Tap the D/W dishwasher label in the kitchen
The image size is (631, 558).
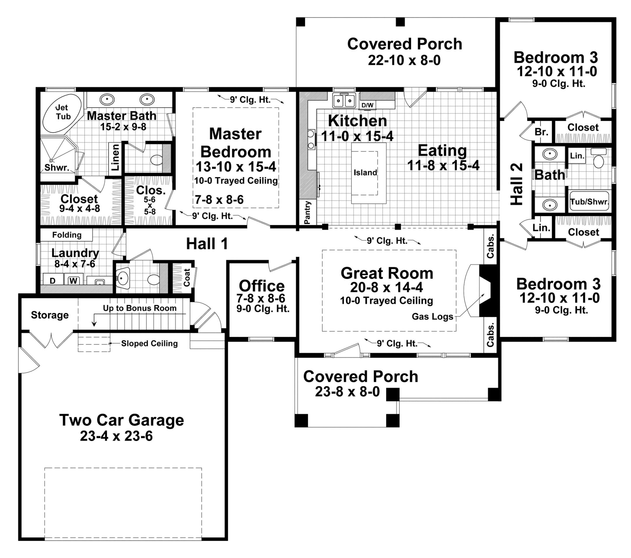(367, 105)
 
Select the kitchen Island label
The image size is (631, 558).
(365, 173)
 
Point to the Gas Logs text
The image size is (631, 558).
(432, 317)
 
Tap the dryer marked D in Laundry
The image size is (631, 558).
(53, 281)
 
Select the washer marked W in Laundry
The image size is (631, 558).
(73, 281)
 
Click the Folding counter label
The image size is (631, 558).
(67, 235)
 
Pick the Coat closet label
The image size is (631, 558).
(187, 277)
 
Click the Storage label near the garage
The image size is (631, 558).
(50, 315)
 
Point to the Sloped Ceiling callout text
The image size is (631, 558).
(149, 343)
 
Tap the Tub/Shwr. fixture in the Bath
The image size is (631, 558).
(589, 201)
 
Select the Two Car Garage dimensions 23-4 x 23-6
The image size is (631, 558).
(116, 436)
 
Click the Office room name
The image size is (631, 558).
(262, 286)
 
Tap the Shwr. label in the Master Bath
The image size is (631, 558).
(57, 168)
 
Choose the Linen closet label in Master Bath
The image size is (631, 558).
(115, 157)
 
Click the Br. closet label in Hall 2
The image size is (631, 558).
(542, 132)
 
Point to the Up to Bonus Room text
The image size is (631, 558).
(140, 308)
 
